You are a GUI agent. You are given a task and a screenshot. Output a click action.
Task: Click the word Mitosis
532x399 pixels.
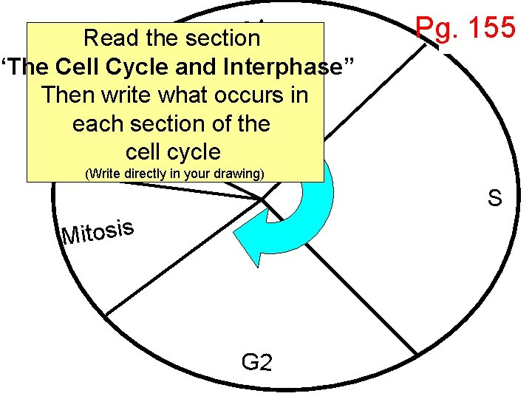click(98, 232)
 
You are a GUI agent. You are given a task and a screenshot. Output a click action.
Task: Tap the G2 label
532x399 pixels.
click(256, 362)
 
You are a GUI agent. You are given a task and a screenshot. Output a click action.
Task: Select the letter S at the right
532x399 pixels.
click(494, 198)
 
